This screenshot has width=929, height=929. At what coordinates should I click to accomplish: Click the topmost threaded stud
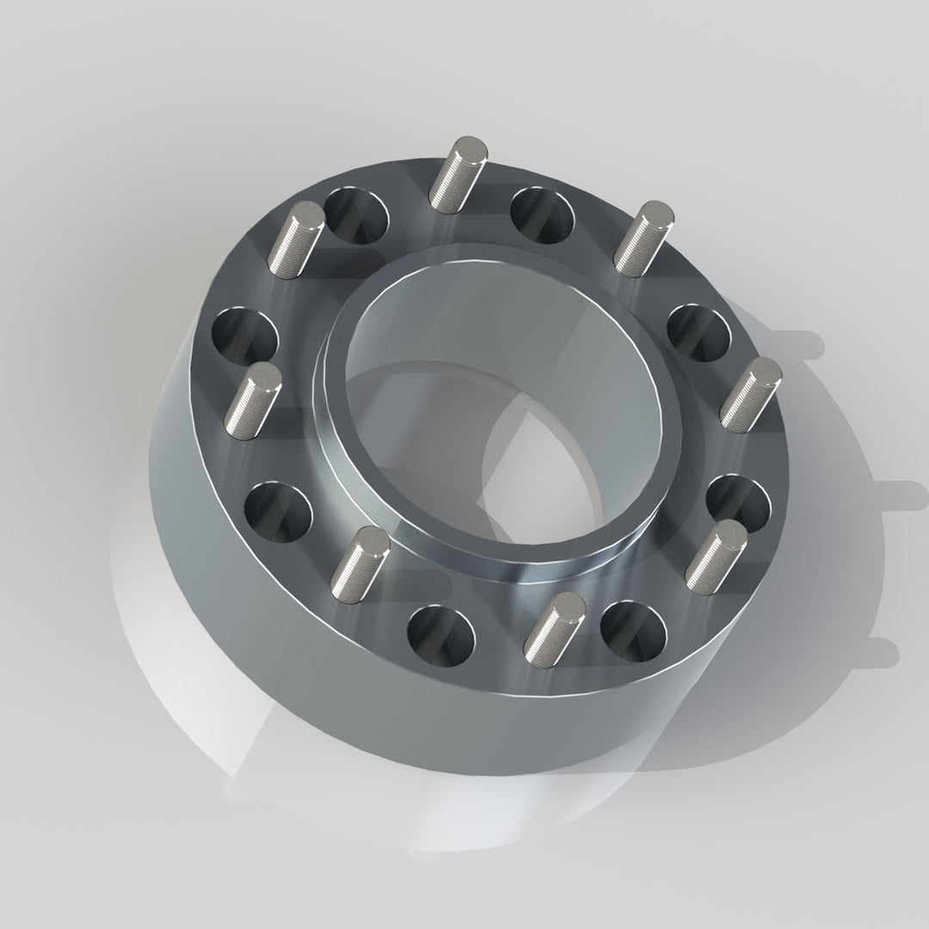click(x=459, y=174)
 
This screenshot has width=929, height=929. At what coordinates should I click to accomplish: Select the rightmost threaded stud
click(x=751, y=395)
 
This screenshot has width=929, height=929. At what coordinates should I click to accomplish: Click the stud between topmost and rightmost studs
click(x=643, y=237)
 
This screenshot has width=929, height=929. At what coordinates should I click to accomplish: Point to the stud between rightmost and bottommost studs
click(x=717, y=551)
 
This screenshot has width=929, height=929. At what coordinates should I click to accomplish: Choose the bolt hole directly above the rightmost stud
click(x=699, y=332)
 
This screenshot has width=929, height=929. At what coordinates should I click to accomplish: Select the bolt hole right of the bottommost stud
click(x=634, y=631)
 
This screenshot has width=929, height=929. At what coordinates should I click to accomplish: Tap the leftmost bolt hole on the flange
click(x=244, y=336)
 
